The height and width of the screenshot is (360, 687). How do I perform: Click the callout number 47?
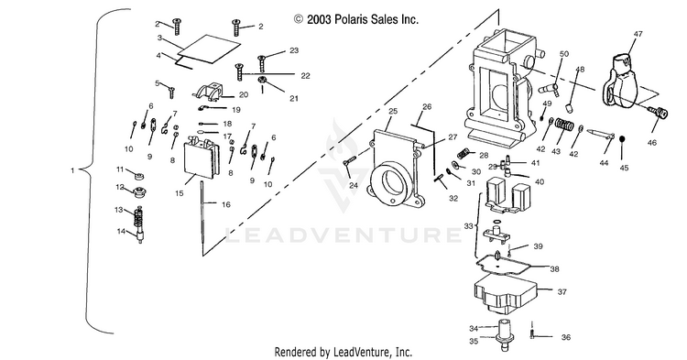tap(638, 34)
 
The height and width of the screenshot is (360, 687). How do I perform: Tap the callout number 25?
tap(393, 111)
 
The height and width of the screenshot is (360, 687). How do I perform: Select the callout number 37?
tap(562, 291)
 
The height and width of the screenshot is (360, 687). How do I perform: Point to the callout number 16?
tap(226, 204)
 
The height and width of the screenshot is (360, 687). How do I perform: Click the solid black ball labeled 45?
tap(622, 139)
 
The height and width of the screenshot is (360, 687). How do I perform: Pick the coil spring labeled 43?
tap(564, 125)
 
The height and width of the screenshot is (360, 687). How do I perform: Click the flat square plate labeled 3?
tap(209, 46)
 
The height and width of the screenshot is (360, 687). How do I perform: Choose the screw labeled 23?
tap(262, 63)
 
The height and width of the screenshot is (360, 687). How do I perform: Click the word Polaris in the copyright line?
tap(350, 19)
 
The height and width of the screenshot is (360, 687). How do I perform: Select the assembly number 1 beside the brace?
tap(72, 170)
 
